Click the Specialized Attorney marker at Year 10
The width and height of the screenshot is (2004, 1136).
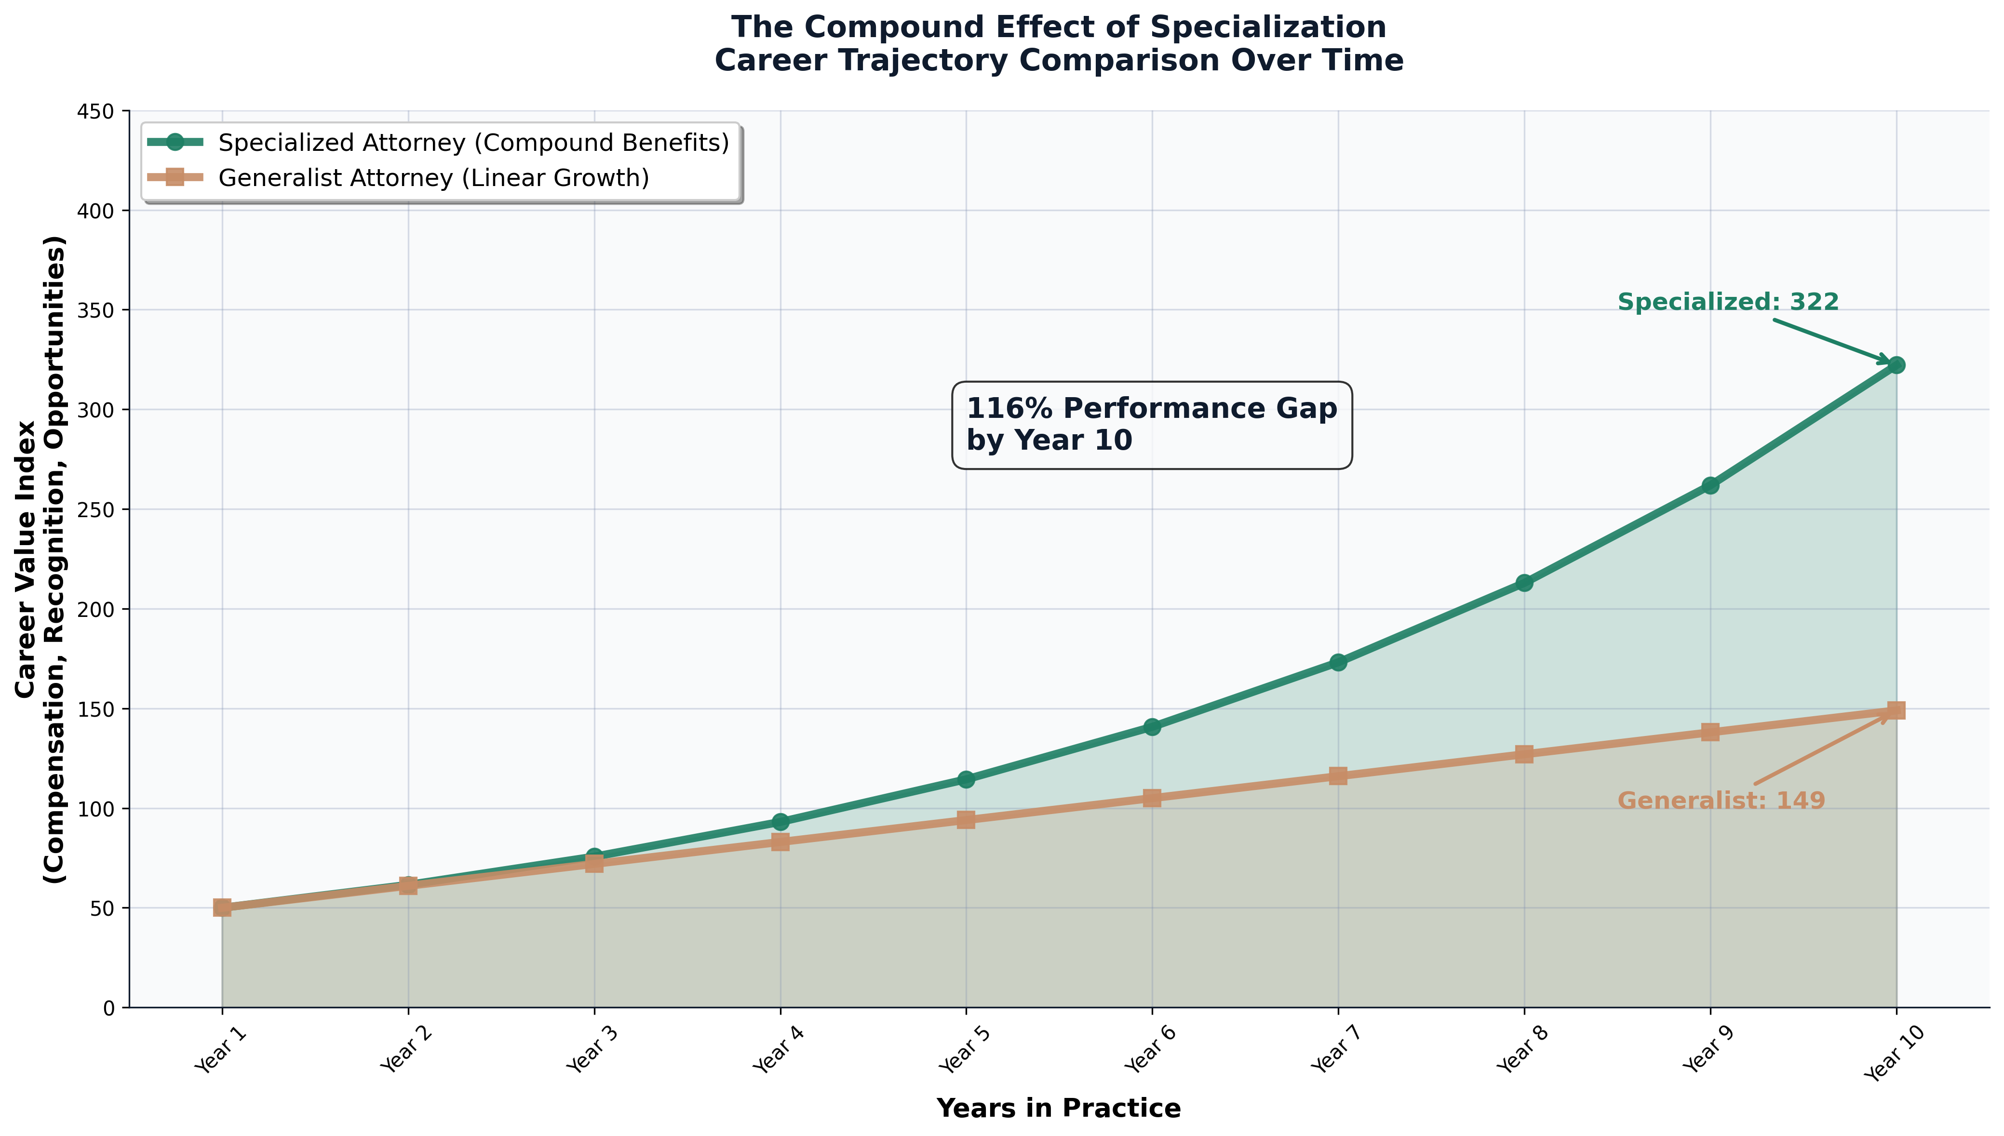click(x=1896, y=365)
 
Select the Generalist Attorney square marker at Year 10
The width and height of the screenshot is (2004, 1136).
click(x=1896, y=710)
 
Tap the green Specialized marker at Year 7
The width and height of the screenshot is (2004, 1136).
click(x=1338, y=662)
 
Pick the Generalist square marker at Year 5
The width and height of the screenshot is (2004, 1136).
click(x=966, y=819)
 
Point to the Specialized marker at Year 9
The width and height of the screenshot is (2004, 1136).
click(x=1710, y=485)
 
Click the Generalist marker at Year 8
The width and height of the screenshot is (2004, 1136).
click(x=1524, y=754)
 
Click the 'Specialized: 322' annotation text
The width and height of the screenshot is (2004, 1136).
click(x=1728, y=302)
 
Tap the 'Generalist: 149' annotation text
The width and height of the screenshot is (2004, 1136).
click(x=1721, y=801)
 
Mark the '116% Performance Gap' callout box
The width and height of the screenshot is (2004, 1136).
click(x=1152, y=425)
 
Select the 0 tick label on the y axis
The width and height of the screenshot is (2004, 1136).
click(x=108, y=1008)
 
